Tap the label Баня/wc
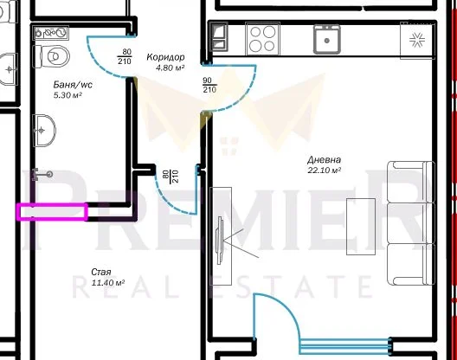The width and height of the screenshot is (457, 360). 72,85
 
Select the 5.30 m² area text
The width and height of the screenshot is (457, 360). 68,95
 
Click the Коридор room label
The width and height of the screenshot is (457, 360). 165,55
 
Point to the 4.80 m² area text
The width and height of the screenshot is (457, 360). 170,67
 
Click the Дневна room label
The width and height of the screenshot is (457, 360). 323,159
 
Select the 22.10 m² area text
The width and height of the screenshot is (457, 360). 325,170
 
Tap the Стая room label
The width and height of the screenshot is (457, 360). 100,273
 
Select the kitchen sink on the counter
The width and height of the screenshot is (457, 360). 326,39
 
